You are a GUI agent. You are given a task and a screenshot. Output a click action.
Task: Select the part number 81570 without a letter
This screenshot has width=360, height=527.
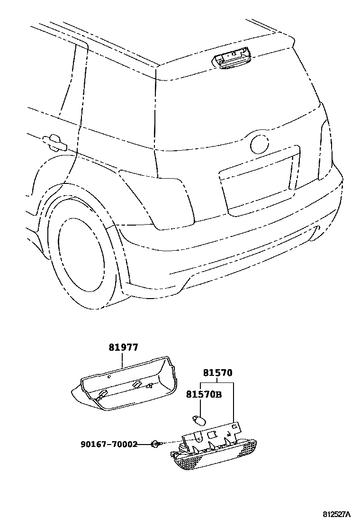(x=218, y=373)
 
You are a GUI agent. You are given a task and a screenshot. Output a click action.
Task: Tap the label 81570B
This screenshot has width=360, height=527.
(x=204, y=394)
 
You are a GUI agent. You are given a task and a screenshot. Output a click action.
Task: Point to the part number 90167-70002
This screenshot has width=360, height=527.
(x=109, y=444)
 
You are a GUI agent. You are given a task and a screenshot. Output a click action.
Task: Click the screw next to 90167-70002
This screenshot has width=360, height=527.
(x=155, y=444)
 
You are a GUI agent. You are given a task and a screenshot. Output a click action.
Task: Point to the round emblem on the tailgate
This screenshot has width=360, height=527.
(x=260, y=144)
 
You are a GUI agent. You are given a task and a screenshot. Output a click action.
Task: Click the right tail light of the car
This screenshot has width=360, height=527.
(x=325, y=149)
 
